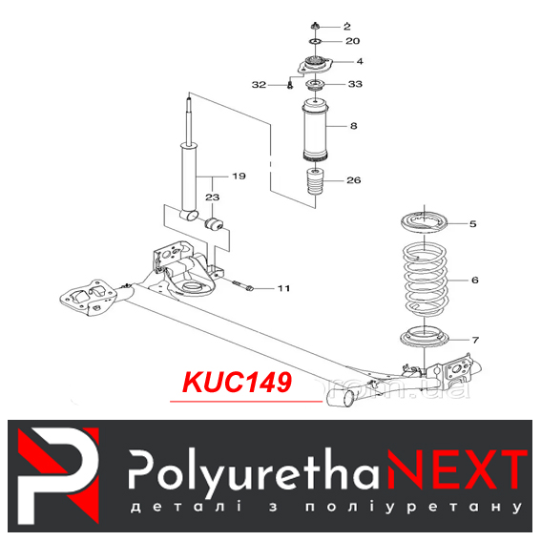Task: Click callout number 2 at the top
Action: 347,27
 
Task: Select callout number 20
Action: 353,41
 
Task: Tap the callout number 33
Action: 355,84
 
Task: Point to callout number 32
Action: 260,85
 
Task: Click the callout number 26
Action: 354,180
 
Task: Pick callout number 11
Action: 284,288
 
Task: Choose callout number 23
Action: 212,198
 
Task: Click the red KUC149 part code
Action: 237,383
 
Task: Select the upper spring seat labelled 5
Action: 424,222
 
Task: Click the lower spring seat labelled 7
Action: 425,337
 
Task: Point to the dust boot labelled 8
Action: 315,130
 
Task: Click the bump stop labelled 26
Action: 316,181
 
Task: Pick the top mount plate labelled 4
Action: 316,65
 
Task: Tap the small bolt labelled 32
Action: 290,85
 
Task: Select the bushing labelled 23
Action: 215,224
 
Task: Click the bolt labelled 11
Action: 243,285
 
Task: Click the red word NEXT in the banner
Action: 457,468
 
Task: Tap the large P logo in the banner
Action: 58,475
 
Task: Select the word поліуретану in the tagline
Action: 413,508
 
